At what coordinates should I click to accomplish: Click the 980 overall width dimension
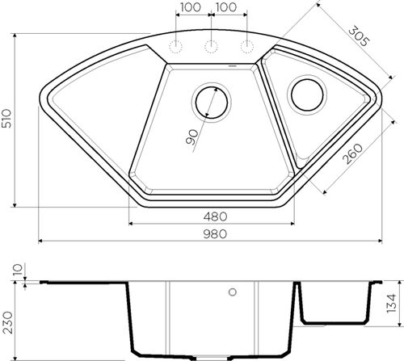tap(215, 234)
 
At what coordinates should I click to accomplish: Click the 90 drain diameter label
tap(191, 138)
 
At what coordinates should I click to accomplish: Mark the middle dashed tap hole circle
tap(211, 44)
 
